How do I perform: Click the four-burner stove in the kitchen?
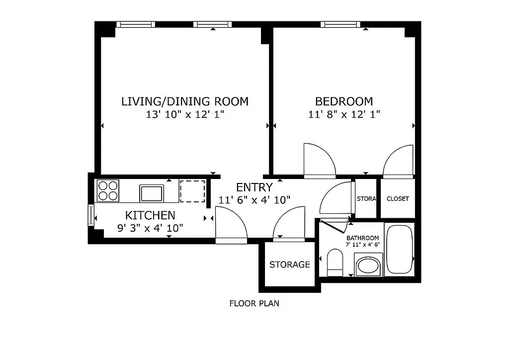[x=108, y=190]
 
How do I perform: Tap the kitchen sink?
[x=152, y=192]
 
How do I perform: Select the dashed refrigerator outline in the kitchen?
[x=192, y=191]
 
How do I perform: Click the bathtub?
[x=399, y=249]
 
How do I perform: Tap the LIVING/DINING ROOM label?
[x=185, y=101]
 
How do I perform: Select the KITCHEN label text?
[x=150, y=215]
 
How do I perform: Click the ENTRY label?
[x=254, y=187]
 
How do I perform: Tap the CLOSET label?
[x=398, y=199]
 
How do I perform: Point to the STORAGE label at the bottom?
[x=289, y=265]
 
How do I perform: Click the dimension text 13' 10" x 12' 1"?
[x=185, y=114]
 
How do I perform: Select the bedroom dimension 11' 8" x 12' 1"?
[x=344, y=114]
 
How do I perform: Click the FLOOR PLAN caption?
[x=254, y=303]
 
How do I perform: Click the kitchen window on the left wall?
[x=90, y=214]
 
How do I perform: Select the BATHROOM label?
[x=363, y=238]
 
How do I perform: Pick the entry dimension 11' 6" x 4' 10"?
[x=254, y=200]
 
